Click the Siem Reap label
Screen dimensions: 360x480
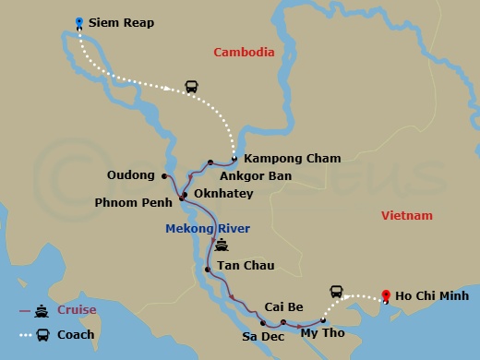[x=121, y=22]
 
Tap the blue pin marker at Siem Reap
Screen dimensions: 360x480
[x=79, y=22]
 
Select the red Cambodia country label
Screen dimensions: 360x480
[x=244, y=53]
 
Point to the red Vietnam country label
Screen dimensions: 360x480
[x=406, y=215]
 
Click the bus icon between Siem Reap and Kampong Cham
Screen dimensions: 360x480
[x=191, y=87]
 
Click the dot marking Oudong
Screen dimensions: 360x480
[x=164, y=175]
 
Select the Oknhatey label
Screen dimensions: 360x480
[x=222, y=194]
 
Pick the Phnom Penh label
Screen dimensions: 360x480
[x=133, y=202]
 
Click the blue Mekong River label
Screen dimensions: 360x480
[x=208, y=228]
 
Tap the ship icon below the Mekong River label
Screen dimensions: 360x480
[x=222, y=246]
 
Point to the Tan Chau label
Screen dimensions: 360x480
[x=246, y=266]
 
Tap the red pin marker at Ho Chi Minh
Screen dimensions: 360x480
[x=386, y=296]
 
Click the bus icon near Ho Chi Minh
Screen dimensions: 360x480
[x=336, y=291]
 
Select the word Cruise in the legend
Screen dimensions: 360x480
[x=78, y=311]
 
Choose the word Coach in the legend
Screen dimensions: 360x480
[x=77, y=335]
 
